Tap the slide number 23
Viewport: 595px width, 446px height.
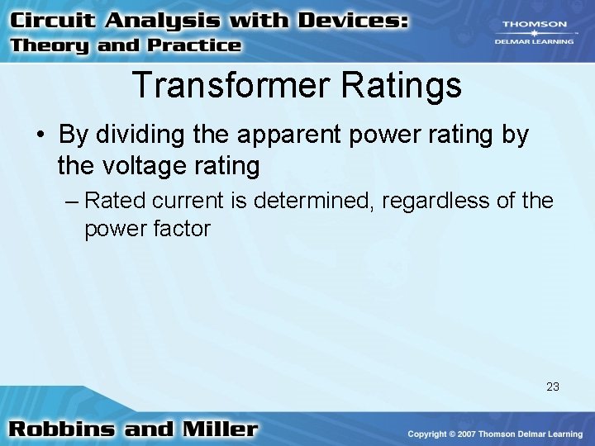552,386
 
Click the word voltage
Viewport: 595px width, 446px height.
147,166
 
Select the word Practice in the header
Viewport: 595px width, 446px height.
192,45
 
